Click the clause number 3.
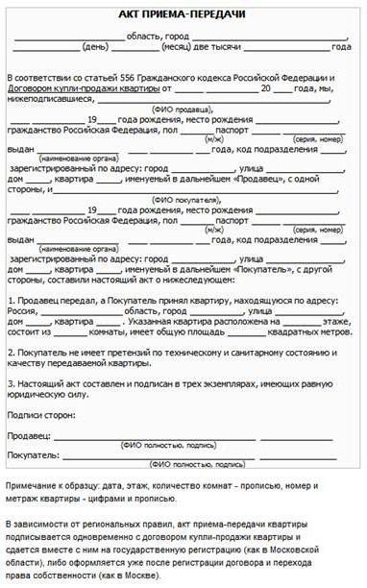click(10, 382)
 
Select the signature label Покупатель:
click(34, 454)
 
